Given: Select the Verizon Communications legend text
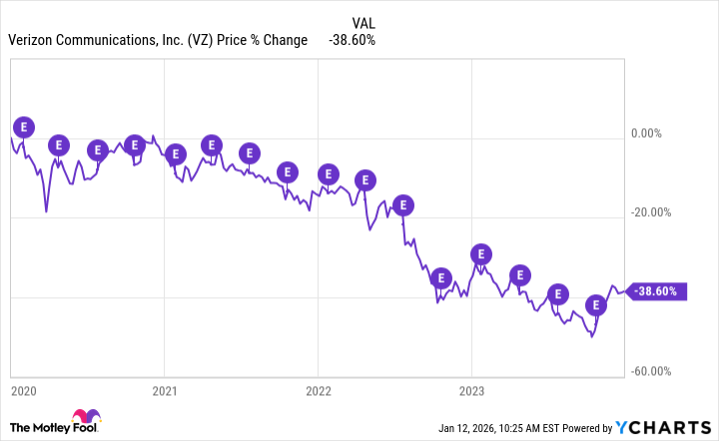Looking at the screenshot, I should pyautogui.click(x=163, y=40).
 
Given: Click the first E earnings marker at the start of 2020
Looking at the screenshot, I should pyautogui.click(x=24, y=126).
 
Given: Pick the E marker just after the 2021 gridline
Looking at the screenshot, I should pyautogui.click(x=175, y=154).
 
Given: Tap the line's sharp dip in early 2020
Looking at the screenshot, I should pyautogui.click(x=46, y=211).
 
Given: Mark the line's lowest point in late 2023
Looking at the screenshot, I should pyautogui.click(x=591, y=336).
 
